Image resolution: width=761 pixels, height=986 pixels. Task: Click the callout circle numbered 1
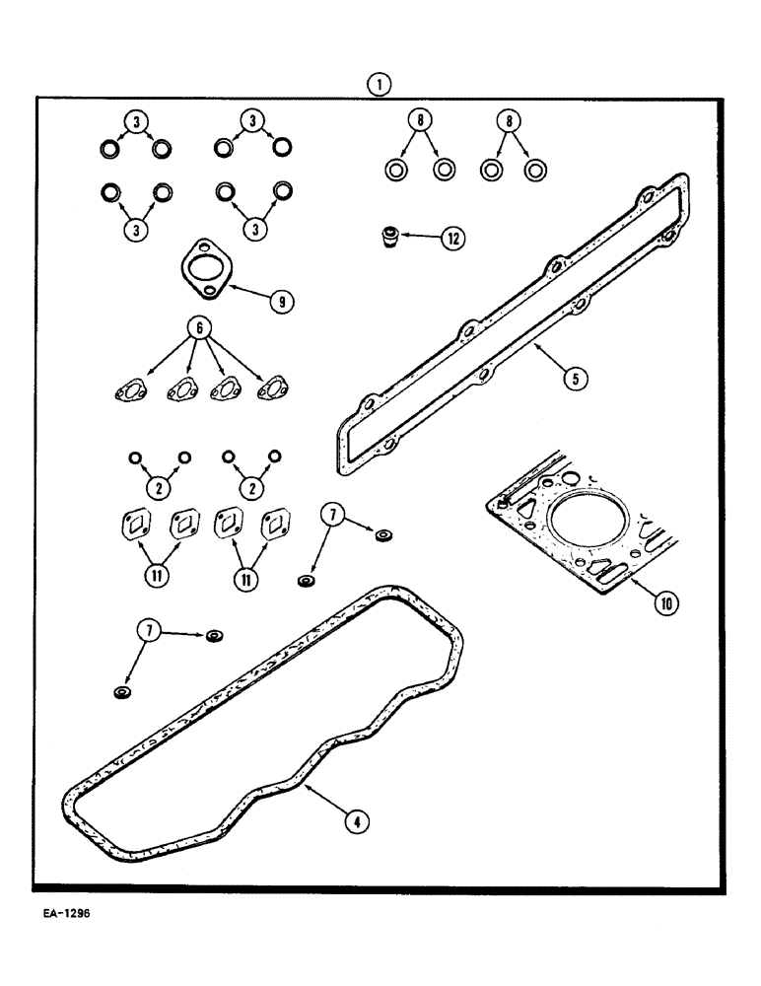point(380,86)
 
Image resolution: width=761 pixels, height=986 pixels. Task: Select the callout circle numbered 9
point(282,303)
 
